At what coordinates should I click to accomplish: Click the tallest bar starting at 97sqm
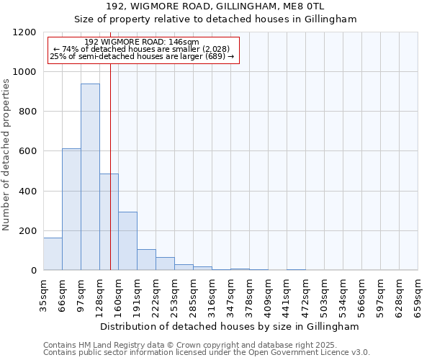point(90,176)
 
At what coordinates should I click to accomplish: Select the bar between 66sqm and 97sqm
point(71,209)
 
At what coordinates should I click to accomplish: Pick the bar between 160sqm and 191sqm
point(127,240)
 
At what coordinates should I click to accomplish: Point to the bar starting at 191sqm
point(146,259)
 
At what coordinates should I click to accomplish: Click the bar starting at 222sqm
point(165,264)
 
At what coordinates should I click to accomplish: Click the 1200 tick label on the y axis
point(26,32)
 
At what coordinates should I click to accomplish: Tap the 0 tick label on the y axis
point(35,271)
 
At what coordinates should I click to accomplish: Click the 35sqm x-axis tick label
point(44,293)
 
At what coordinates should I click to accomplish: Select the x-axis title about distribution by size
point(230,326)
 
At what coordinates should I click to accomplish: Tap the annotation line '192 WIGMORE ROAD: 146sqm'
point(141,42)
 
